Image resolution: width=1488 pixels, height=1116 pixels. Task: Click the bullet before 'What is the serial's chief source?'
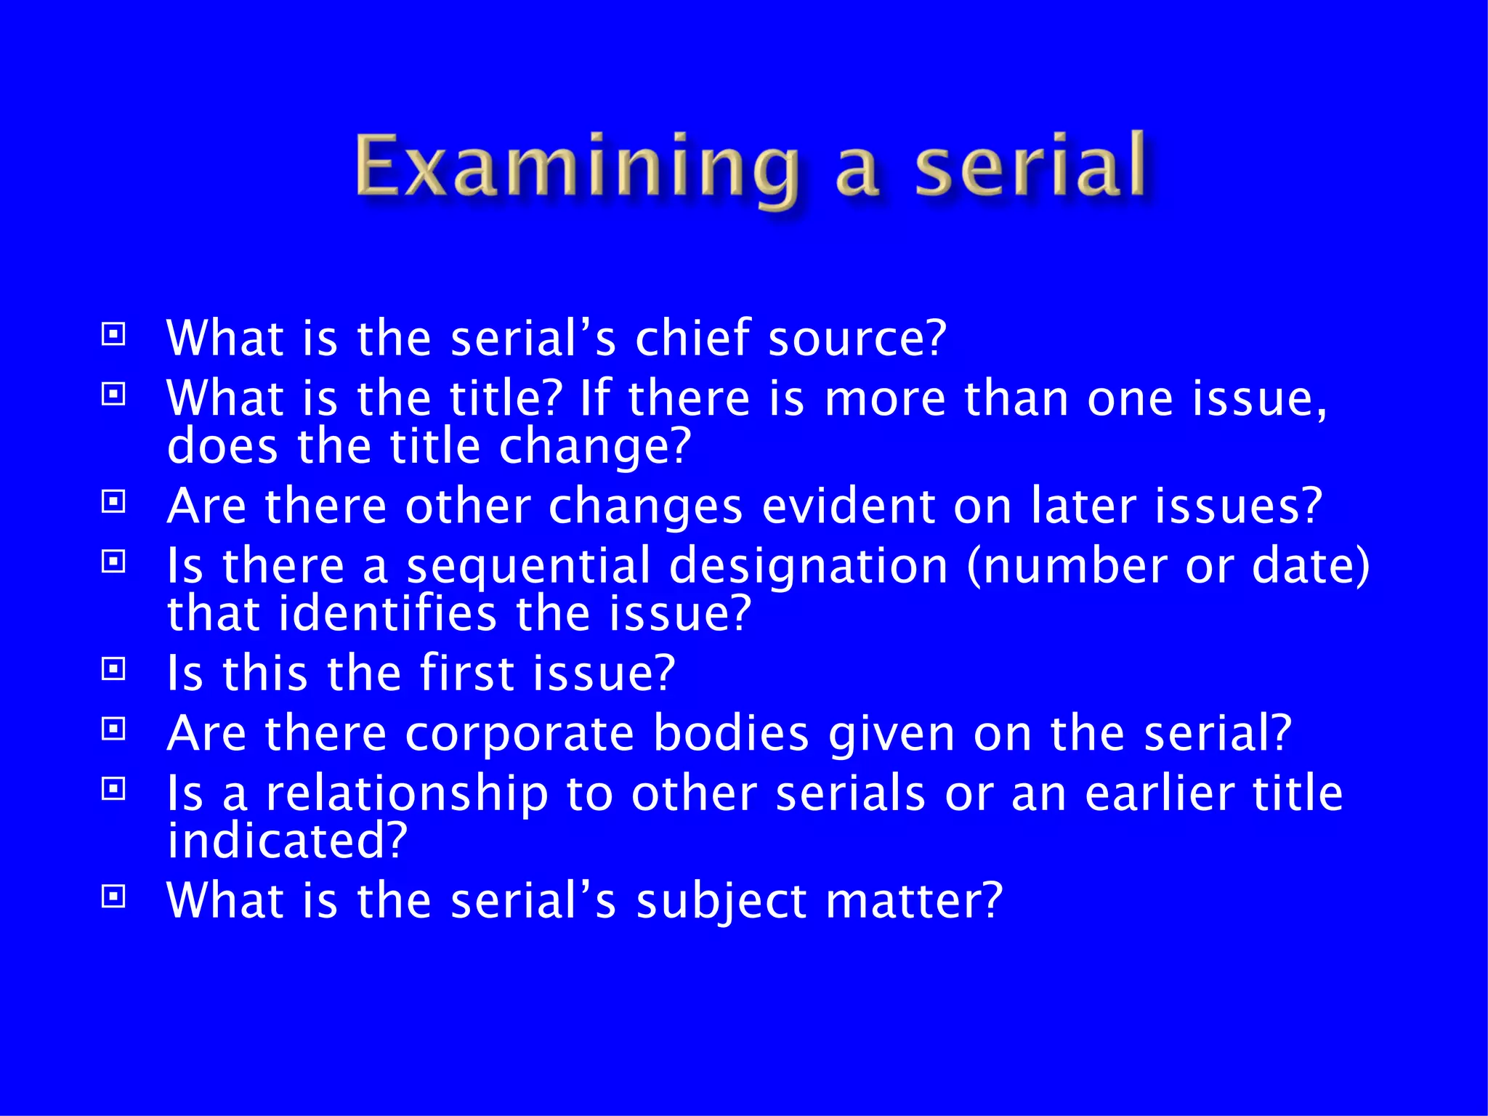[x=113, y=334]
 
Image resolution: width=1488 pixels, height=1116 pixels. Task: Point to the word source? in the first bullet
[x=857, y=339]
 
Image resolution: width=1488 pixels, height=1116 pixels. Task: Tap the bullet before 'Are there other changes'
[x=113, y=501]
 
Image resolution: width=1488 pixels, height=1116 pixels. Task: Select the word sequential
[x=528, y=567]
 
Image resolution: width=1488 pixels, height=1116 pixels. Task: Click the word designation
[x=808, y=567]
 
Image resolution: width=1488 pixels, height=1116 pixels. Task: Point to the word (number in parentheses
[x=1067, y=567]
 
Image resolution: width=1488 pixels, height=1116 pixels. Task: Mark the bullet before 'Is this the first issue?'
[x=113, y=668]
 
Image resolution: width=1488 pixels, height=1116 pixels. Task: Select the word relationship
[x=407, y=793]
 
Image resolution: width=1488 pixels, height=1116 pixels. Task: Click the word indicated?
[x=287, y=841]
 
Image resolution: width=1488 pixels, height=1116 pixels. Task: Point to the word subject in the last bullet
[x=721, y=902]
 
